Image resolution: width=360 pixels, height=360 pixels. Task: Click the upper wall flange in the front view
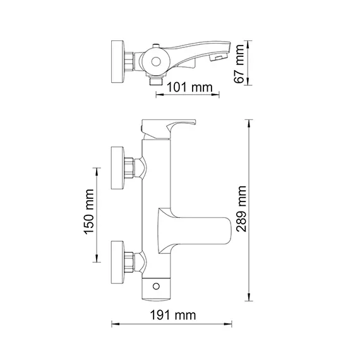click(x=117, y=167)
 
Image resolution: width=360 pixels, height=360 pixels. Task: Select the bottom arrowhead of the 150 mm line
click(x=97, y=259)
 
